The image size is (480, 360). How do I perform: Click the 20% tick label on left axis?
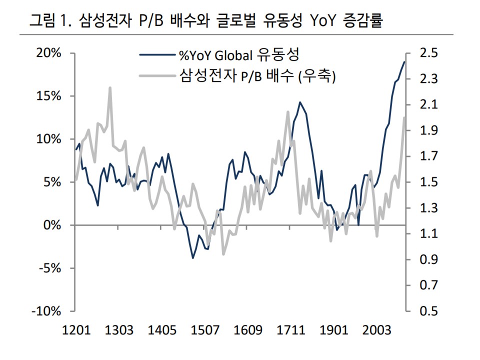point(48,53)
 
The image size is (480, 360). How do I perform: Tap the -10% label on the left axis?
point(46,311)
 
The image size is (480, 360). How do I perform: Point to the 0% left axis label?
point(52,225)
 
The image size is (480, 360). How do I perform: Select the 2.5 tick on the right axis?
point(429,53)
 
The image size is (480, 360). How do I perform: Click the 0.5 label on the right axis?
point(429,311)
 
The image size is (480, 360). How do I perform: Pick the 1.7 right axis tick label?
point(429,156)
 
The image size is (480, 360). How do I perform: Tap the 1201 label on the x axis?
point(76,330)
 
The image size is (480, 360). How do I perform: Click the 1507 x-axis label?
point(205,330)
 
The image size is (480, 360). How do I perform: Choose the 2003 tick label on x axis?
point(376,330)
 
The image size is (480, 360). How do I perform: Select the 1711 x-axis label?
point(291,330)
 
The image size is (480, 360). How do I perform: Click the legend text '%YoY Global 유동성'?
point(239,55)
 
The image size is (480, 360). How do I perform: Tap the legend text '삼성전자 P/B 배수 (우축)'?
point(257,75)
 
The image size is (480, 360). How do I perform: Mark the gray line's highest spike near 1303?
point(110,88)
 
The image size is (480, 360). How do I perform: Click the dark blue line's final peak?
point(404,62)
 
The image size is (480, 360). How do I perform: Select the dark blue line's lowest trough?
point(193,258)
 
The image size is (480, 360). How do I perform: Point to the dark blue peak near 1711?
point(300,102)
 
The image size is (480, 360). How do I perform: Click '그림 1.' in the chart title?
point(50,21)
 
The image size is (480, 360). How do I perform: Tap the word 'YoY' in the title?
point(322,21)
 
